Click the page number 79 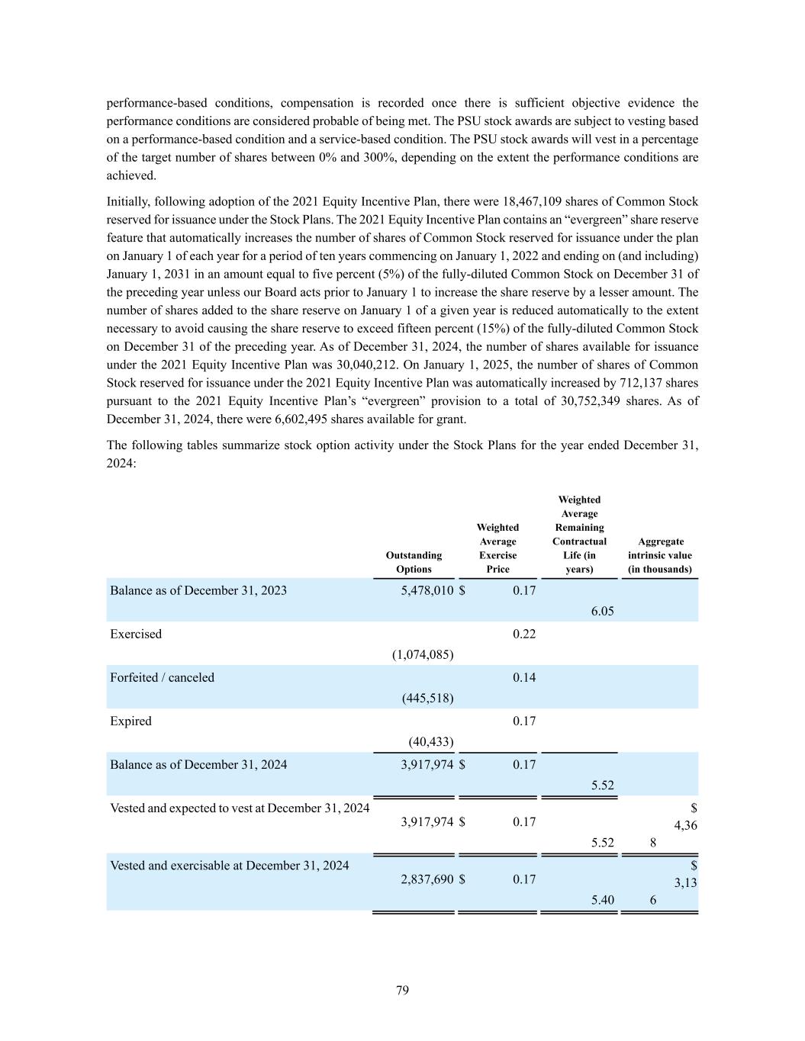[402, 990]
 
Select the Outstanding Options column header [414, 562]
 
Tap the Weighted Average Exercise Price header [497, 548]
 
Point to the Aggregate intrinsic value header [660, 555]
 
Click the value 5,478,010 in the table [427, 590]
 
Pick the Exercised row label [136, 634]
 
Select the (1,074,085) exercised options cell [423, 654]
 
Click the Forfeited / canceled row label [162, 677]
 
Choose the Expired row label [130, 721]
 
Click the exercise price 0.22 [523, 634]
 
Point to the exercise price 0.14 [523, 677]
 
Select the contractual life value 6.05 [602, 611]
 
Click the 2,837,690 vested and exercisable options [427, 879]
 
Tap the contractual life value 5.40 [602, 900]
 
